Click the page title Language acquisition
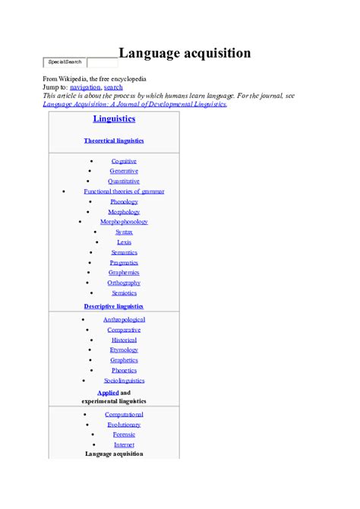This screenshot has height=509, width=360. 185,53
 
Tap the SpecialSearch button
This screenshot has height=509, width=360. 65,62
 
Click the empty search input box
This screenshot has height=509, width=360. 102,62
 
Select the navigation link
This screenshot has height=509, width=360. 85,87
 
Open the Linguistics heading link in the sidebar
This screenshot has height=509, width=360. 114,119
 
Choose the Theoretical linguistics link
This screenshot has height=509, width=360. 114,141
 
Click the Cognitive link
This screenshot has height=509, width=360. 124,161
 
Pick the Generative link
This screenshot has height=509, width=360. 124,171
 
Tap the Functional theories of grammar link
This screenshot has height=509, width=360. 124,191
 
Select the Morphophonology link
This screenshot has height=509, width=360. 124,222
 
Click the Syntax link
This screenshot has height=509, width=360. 124,232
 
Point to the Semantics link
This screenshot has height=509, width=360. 124,252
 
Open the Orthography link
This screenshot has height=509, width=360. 124,283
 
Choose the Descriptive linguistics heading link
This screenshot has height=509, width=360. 114,306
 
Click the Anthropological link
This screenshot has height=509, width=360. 124,320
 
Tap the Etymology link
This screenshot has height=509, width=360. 124,350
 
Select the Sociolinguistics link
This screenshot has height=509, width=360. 124,381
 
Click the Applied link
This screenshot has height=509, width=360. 108,393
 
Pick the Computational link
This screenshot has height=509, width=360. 124,414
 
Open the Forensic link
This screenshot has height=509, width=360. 124,435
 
